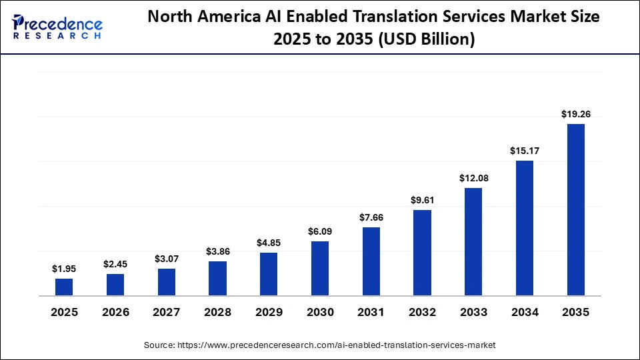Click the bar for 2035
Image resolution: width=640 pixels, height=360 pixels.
[575, 209]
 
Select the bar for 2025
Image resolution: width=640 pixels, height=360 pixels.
[64, 287]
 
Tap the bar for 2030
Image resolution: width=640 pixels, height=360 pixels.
[320, 268]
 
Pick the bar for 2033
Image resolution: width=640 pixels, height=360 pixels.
[473, 241]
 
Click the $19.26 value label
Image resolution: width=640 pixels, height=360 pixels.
[575, 114]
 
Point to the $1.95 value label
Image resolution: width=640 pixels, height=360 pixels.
[64, 269]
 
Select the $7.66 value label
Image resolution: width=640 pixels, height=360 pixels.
[371, 217]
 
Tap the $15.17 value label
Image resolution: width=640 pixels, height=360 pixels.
[525, 151]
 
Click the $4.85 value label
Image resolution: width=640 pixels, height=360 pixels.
[269, 243]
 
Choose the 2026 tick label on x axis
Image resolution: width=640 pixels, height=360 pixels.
[115, 312]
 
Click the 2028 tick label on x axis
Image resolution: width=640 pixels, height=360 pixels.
[217, 312]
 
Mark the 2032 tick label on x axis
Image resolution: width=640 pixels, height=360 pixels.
[422, 312]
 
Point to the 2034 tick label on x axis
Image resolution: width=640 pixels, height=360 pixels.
[525, 312]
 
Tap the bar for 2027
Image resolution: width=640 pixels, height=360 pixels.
[167, 282]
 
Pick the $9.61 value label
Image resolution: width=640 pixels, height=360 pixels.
[422, 200]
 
